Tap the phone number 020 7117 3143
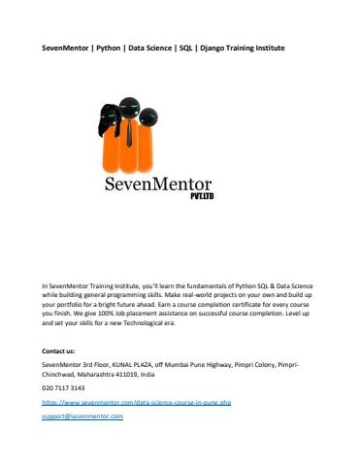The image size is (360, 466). click(x=64, y=386)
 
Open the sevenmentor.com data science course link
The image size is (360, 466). click(x=137, y=401)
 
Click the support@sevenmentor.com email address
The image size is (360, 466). click(x=82, y=416)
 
